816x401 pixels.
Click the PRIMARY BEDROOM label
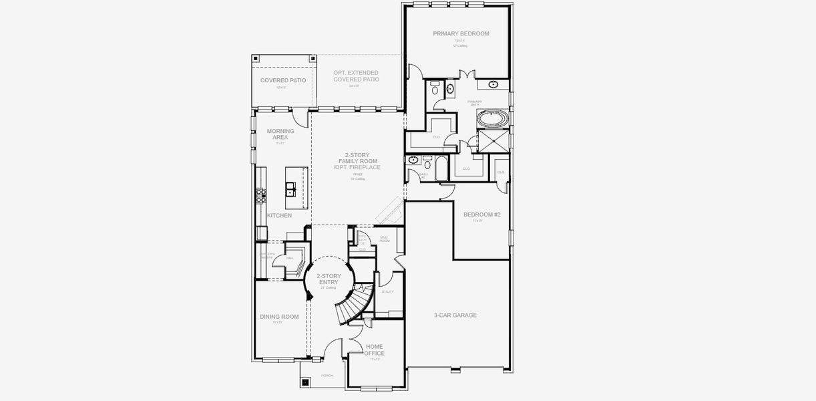pyautogui.click(x=461, y=33)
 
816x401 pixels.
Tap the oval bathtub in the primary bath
pyautogui.click(x=493, y=120)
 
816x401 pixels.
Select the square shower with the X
pyautogui.click(x=493, y=142)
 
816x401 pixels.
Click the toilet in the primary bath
pyautogui.click(x=435, y=88)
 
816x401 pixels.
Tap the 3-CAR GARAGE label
pyautogui.click(x=455, y=315)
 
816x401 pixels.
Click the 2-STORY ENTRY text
pyautogui.click(x=329, y=279)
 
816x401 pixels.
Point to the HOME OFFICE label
pyautogui.click(x=375, y=350)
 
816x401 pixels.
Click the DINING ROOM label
pyautogui.click(x=279, y=316)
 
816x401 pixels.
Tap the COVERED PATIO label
pyautogui.click(x=283, y=80)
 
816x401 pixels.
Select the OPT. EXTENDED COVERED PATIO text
pyautogui.click(x=356, y=76)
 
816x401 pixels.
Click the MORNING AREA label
pyautogui.click(x=280, y=134)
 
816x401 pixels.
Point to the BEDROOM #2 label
pyautogui.click(x=482, y=215)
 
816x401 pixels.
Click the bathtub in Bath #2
pyautogui.click(x=443, y=168)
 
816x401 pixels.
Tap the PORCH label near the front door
pyautogui.click(x=327, y=376)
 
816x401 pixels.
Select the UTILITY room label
pyautogui.click(x=387, y=291)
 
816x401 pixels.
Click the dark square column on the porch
pyautogui.click(x=306, y=383)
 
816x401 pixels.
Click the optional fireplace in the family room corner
pyautogui.click(x=389, y=213)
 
